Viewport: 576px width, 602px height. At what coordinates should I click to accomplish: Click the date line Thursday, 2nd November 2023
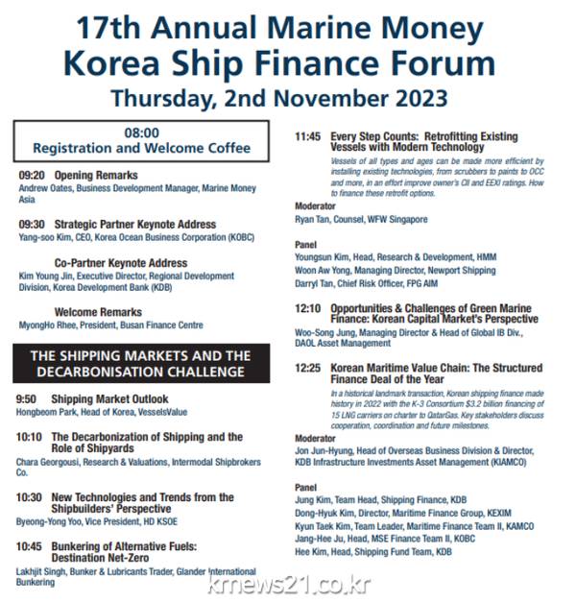[x=278, y=98]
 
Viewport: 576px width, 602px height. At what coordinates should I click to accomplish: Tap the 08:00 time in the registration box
[x=141, y=133]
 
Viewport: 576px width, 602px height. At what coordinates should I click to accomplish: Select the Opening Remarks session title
[x=96, y=176]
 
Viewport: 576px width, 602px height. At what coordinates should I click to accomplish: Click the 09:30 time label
[x=32, y=225]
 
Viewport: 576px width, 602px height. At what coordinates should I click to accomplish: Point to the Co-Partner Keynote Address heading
[x=121, y=263]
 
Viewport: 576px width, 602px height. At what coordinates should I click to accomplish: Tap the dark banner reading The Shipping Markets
[x=141, y=363]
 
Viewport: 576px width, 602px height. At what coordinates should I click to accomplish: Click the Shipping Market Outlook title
[x=109, y=398]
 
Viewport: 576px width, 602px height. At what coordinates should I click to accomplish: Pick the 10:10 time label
[x=30, y=438]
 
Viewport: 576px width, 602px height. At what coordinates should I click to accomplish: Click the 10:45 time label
[x=30, y=546]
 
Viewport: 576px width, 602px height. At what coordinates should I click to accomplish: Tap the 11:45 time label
[x=307, y=136]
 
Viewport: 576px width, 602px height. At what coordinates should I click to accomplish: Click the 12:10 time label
[x=307, y=309]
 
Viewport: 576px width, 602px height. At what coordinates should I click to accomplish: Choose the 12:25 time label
[x=307, y=368]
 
